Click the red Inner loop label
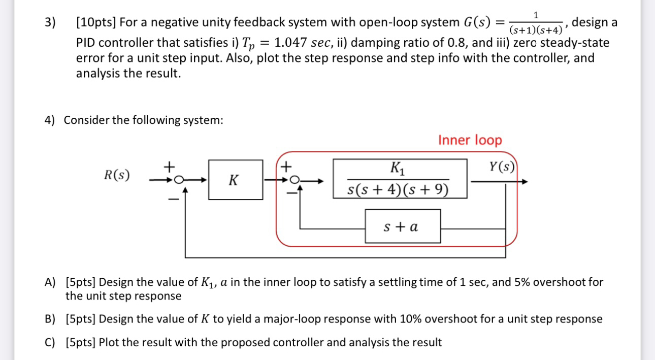[x=470, y=140]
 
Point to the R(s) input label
[x=117, y=176]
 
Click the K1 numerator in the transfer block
[x=399, y=168]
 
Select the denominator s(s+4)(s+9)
[x=399, y=190]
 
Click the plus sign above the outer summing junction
[x=169, y=166]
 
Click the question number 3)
[x=50, y=23]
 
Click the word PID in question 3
[x=87, y=43]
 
